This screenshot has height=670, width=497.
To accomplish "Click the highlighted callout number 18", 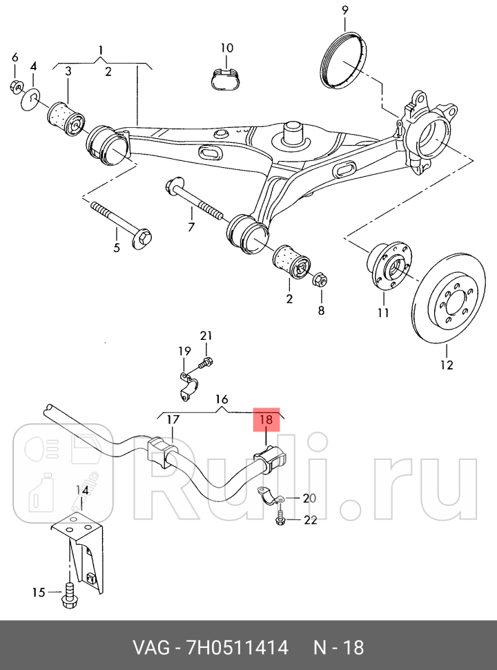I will [x=266, y=419].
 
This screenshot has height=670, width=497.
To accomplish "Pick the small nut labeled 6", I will [x=15, y=86].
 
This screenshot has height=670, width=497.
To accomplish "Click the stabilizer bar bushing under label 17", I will [x=163, y=451].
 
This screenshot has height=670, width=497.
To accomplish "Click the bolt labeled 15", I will [x=68, y=595].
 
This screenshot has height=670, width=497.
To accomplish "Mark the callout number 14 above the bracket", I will [x=82, y=490].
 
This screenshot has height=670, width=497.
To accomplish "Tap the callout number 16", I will [x=222, y=399].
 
